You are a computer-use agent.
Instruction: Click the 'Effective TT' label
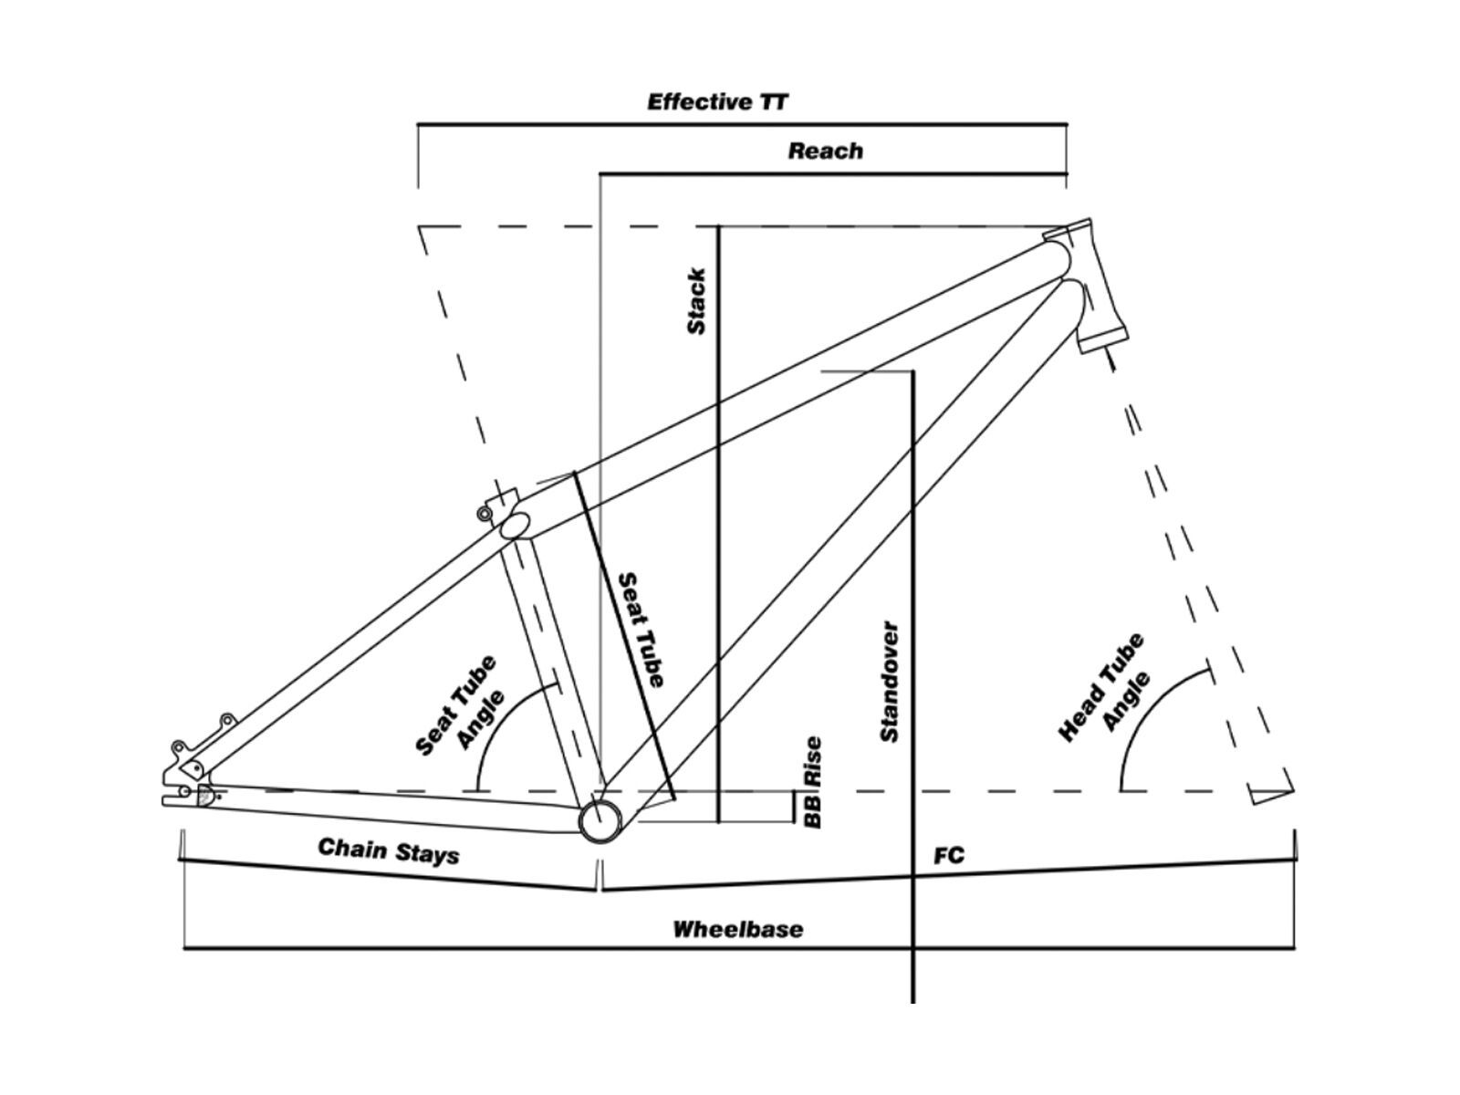click(x=717, y=102)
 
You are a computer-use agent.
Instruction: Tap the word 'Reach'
click(x=826, y=151)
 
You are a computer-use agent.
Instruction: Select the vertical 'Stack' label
click(x=696, y=301)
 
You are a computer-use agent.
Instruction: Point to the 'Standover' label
click(x=890, y=682)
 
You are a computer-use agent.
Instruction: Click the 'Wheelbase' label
click(x=737, y=929)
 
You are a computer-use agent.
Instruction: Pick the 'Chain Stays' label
click(x=389, y=850)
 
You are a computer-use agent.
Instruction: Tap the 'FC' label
click(x=948, y=856)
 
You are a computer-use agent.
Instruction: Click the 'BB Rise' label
click(x=813, y=782)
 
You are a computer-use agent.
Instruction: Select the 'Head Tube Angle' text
click(x=1104, y=688)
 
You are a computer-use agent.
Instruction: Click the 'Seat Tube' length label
click(x=641, y=631)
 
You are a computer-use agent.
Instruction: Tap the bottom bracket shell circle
click(x=600, y=820)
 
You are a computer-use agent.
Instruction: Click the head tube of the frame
click(x=1085, y=286)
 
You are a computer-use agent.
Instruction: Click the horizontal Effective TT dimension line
click(x=742, y=124)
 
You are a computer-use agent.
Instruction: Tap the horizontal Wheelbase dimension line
click(x=739, y=948)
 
